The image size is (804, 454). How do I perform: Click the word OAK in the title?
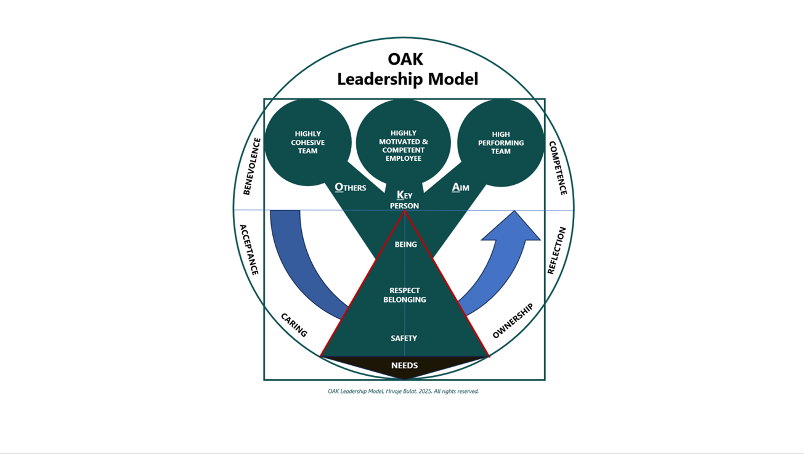405,59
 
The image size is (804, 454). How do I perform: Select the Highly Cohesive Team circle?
307,142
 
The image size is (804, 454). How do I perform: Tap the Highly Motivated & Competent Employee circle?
404,145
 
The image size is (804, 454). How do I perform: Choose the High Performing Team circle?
501,143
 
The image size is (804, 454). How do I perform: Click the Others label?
351,187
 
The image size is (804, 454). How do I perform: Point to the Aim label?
460,187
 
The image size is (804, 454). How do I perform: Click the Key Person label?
404,200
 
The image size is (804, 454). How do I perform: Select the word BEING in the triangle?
405,245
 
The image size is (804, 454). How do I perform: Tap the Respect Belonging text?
405,295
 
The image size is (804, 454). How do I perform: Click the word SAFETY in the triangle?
404,338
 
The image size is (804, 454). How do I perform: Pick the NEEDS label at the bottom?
404,365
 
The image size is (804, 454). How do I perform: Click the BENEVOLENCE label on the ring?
251,166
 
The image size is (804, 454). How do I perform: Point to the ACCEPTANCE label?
249,249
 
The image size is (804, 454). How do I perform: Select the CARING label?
294,325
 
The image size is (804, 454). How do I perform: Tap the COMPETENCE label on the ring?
558,168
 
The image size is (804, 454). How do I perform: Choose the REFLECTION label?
556,250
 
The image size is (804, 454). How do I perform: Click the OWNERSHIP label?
513,321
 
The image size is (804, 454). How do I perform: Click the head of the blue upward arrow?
513,227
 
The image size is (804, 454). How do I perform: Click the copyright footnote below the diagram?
403,391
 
